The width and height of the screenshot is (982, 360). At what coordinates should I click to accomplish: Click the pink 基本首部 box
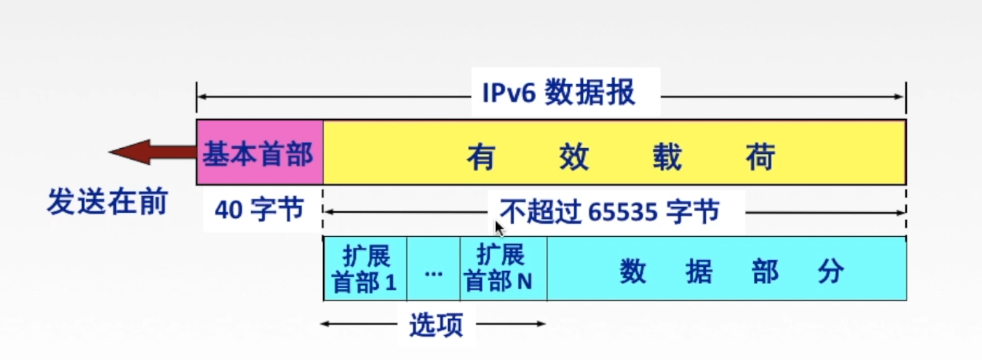(x=259, y=153)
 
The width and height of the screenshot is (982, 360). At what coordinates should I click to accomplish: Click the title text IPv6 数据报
(x=559, y=93)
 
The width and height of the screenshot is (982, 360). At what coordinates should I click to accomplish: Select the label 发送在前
(x=107, y=201)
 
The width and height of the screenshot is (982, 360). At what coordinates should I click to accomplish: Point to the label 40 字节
(x=259, y=210)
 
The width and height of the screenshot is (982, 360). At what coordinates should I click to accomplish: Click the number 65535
(x=623, y=212)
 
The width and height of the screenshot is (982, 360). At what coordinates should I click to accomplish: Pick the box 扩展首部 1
(x=365, y=269)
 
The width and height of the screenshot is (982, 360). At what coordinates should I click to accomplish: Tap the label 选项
(x=435, y=324)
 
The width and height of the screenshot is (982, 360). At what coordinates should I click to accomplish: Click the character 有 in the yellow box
(x=481, y=157)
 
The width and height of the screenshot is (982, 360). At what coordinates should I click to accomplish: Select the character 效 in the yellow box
(x=574, y=157)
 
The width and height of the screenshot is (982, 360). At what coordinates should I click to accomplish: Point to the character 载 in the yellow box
(x=667, y=157)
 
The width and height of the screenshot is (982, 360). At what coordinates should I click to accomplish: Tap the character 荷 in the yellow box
(x=760, y=157)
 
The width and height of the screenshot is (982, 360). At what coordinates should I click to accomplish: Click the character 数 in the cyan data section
(x=633, y=271)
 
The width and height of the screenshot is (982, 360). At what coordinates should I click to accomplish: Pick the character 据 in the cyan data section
(x=699, y=271)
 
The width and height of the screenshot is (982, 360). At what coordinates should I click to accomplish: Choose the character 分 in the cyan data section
(x=831, y=271)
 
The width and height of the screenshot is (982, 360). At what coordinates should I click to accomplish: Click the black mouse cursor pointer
(x=499, y=228)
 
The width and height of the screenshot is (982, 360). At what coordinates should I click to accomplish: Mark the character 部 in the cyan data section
(x=765, y=271)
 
